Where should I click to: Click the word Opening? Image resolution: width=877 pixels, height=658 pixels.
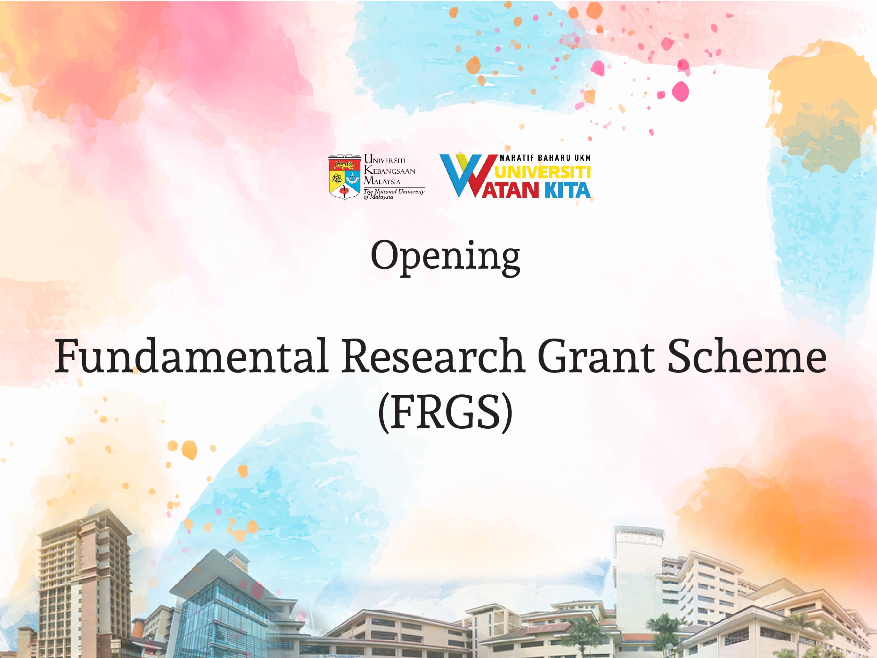445,257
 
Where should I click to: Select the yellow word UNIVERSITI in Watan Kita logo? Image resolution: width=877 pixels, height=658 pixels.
543,172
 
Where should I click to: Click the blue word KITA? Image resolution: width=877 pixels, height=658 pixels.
567,191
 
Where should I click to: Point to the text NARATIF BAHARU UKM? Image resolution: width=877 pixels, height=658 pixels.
545,158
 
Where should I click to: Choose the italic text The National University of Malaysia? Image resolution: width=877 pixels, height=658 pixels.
393,194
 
